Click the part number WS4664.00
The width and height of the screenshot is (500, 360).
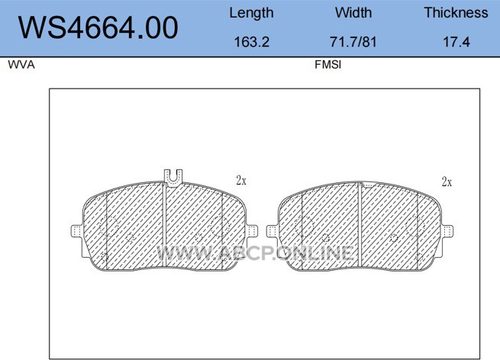(x=98, y=27)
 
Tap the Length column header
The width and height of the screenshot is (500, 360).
(x=251, y=14)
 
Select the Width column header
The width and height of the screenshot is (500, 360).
(x=353, y=13)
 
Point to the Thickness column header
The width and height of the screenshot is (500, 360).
(x=456, y=13)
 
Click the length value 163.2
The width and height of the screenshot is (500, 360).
(x=252, y=42)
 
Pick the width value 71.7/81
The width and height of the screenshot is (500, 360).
(x=353, y=42)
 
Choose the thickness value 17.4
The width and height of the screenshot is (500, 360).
(x=456, y=42)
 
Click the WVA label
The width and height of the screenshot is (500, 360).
(x=21, y=65)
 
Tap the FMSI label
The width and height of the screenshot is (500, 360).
(x=327, y=65)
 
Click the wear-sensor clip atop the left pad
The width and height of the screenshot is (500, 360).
(x=173, y=178)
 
